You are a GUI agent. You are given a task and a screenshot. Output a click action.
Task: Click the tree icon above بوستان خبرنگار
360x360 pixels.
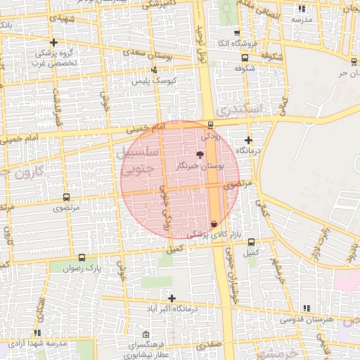(199, 154)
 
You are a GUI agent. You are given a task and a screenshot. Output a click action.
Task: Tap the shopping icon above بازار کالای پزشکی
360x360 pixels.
(214, 223)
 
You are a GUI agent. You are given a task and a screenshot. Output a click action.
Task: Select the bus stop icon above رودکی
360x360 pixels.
(211, 125)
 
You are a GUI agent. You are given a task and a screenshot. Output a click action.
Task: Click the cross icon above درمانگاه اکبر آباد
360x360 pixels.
(172, 298)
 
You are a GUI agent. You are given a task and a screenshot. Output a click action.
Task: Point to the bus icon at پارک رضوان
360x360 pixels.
(82, 257)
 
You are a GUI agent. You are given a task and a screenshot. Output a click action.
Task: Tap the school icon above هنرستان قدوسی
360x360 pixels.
(306, 308)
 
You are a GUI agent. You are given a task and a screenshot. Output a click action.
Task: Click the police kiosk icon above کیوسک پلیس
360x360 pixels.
(155, 70)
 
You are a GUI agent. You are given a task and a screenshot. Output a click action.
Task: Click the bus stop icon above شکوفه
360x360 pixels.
(244, 58)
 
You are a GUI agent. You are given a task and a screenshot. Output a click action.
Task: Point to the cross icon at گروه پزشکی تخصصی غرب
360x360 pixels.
(54, 43)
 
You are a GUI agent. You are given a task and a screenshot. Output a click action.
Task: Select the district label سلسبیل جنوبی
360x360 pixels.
(141, 161)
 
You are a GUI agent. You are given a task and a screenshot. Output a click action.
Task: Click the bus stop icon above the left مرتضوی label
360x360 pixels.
(66, 198)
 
